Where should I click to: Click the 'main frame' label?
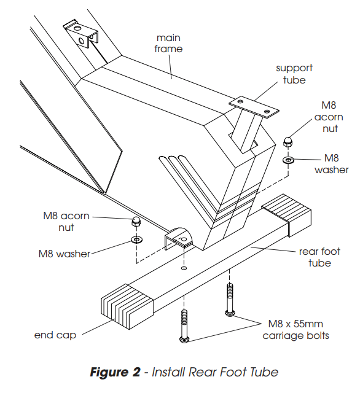[168, 44]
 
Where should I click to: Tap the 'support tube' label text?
[294, 74]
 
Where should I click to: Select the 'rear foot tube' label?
[319, 257]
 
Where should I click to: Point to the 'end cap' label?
[55, 335]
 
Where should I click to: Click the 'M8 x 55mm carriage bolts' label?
[296, 330]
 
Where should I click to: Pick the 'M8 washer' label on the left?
[64, 254]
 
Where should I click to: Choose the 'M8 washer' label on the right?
[331, 164]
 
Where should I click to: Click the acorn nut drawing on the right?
[288, 142]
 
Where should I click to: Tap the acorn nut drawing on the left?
[136, 221]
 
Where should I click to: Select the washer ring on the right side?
[288, 160]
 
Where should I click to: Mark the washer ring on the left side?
[137, 240]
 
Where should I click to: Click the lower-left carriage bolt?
[184, 326]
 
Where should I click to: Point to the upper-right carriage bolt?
[230, 300]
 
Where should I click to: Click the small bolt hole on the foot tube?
[184, 268]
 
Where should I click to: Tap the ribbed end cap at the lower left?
[127, 306]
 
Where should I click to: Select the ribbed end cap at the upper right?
[287, 215]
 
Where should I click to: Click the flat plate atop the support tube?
[254, 107]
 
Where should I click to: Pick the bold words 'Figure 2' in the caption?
[115, 372]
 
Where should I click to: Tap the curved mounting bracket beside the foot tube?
[179, 238]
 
